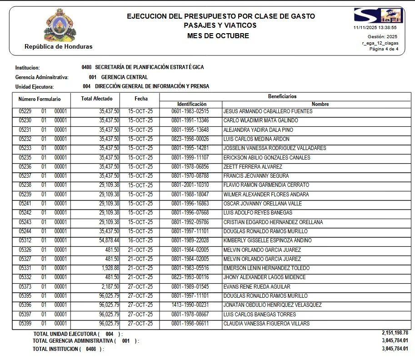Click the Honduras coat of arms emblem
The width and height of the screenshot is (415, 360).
[60, 25]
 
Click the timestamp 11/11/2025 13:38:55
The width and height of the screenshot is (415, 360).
[375, 27]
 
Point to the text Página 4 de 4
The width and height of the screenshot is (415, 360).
[384, 49]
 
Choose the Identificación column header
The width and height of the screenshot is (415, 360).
[192, 104]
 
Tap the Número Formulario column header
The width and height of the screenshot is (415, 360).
[40, 99]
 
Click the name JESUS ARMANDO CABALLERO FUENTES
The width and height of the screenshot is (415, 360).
[268, 111]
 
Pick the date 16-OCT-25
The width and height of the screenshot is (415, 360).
[140, 240]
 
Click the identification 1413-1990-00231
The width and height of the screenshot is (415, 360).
[190, 305]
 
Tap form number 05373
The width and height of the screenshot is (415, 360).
[25, 287]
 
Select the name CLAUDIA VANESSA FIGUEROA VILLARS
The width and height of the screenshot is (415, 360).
[266, 324]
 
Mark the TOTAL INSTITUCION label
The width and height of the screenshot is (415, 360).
[56, 349]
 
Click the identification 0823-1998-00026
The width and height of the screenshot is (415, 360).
[190, 139]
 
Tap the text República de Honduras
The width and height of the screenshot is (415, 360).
[59, 46]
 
